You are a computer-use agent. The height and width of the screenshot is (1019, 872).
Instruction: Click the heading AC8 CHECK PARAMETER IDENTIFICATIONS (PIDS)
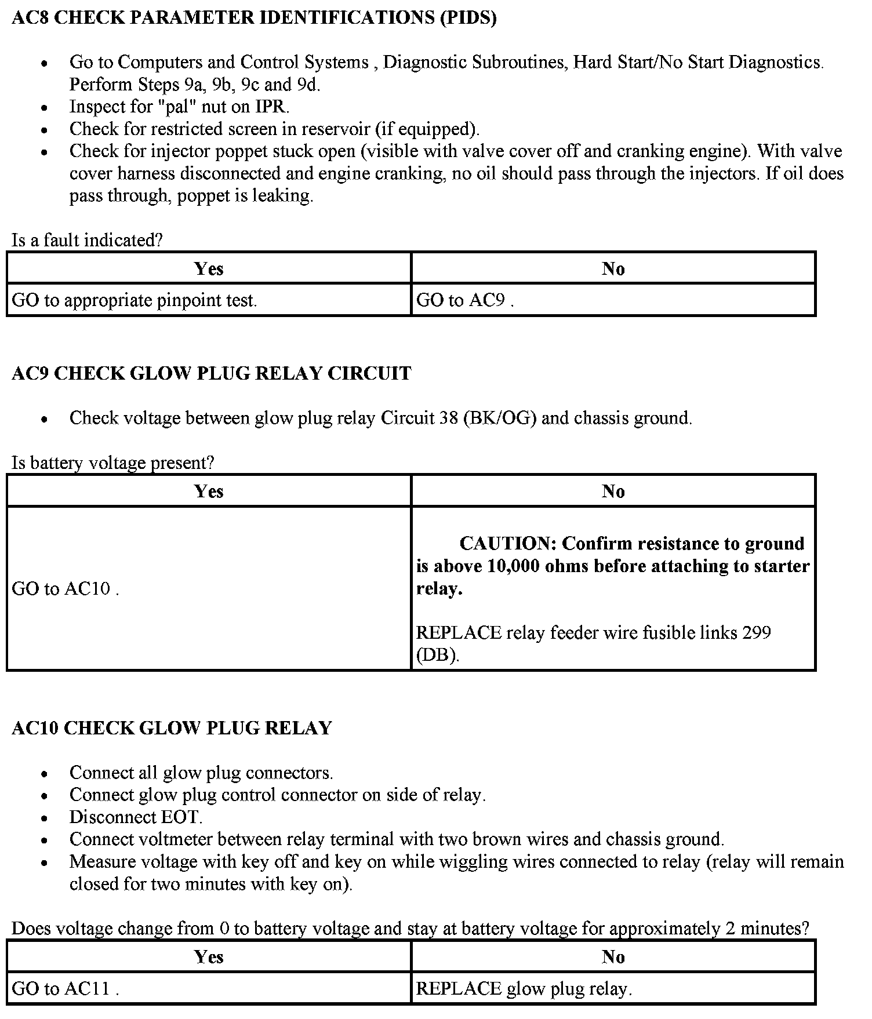coord(254,18)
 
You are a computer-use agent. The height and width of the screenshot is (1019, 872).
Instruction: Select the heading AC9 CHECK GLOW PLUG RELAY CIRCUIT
coord(211,373)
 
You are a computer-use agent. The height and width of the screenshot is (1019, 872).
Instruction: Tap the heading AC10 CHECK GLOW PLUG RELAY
coord(172,728)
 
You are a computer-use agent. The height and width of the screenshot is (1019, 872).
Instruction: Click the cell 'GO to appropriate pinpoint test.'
coord(135,300)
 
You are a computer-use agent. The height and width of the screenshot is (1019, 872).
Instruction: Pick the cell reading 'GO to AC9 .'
coord(465,300)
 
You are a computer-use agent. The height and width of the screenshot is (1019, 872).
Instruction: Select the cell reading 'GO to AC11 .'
coord(65,988)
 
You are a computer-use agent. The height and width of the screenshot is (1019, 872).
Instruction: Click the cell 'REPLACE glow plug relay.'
coord(524,988)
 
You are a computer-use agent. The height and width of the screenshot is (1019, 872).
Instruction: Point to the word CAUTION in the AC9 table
coord(507,544)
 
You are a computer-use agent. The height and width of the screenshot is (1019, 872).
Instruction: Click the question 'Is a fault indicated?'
coord(87,240)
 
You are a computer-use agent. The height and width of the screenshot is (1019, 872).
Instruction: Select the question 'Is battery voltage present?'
coord(113,463)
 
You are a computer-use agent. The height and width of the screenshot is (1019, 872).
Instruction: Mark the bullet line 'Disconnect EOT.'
coord(136,817)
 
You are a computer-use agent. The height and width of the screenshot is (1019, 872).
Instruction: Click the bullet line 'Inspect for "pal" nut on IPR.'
coord(179,107)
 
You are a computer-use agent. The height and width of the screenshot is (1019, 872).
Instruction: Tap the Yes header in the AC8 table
coord(209,269)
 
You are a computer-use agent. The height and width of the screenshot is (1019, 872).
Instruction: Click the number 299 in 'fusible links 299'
coord(757,632)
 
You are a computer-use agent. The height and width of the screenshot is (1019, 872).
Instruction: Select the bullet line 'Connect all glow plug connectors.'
coord(201,773)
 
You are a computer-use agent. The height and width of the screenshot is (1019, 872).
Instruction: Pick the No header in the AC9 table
coord(613,492)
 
